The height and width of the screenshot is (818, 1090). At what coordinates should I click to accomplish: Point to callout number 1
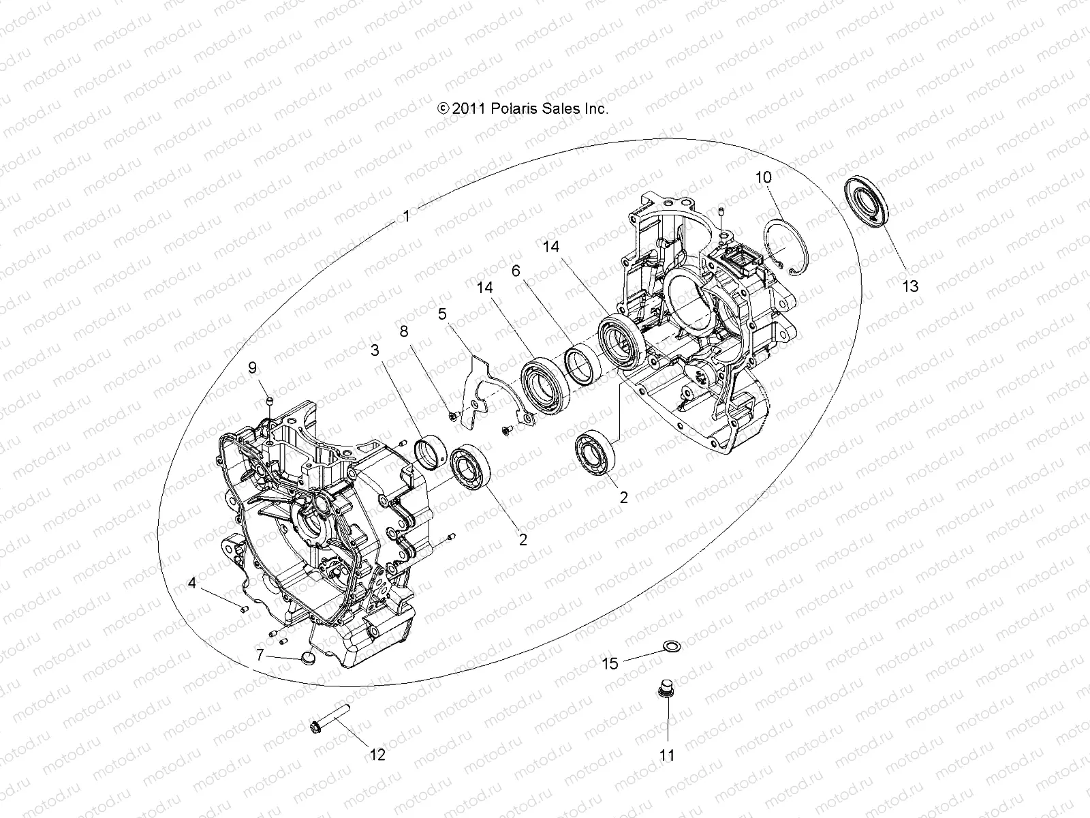[x=406, y=217]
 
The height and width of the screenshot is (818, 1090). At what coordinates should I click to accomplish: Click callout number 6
[x=516, y=271]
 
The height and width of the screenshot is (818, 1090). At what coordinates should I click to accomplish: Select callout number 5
[x=442, y=314]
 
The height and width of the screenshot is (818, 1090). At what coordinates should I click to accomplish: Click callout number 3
[x=374, y=350]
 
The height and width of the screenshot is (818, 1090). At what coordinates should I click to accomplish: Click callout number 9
[x=253, y=368]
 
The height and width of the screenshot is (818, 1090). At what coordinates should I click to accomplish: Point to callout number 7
[x=260, y=655]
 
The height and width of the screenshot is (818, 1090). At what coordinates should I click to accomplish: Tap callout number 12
[x=377, y=755]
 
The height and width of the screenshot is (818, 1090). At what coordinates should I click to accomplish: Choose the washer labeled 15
[x=670, y=645]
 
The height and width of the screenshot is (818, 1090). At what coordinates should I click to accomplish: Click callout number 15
[x=610, y=663]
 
